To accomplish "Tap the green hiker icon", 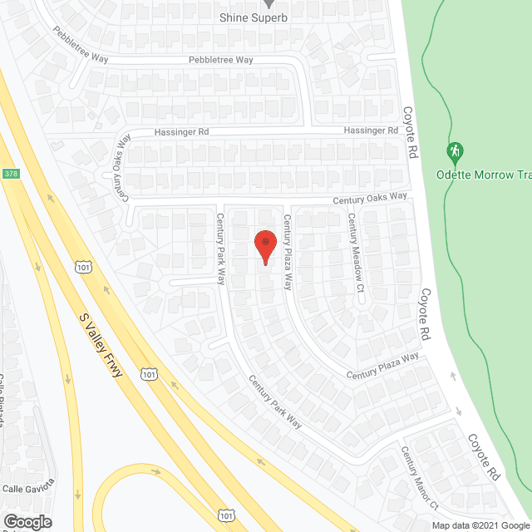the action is pyautogui.click(x=454, y=153).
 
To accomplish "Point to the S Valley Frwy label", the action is pyautogui.click(x=101, y=346).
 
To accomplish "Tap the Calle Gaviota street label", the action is pyautogui.click(x=28, y=485).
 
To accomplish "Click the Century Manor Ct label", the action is pyautogui.click(x=419, y=479).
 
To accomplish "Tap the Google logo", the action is pyautogui.click(x=27, y=521).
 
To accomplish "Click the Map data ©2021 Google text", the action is pyautogui.click(x=480, y=525).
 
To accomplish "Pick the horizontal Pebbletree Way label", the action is pyautogui.click(x=220, y=60).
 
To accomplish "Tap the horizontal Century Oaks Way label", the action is pyautogui.click(x=370, y=198).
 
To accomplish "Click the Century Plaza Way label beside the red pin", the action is pyautogui.click(x=288, y=252).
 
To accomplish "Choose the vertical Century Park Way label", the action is pyautogui.click(x=221, y=249).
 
